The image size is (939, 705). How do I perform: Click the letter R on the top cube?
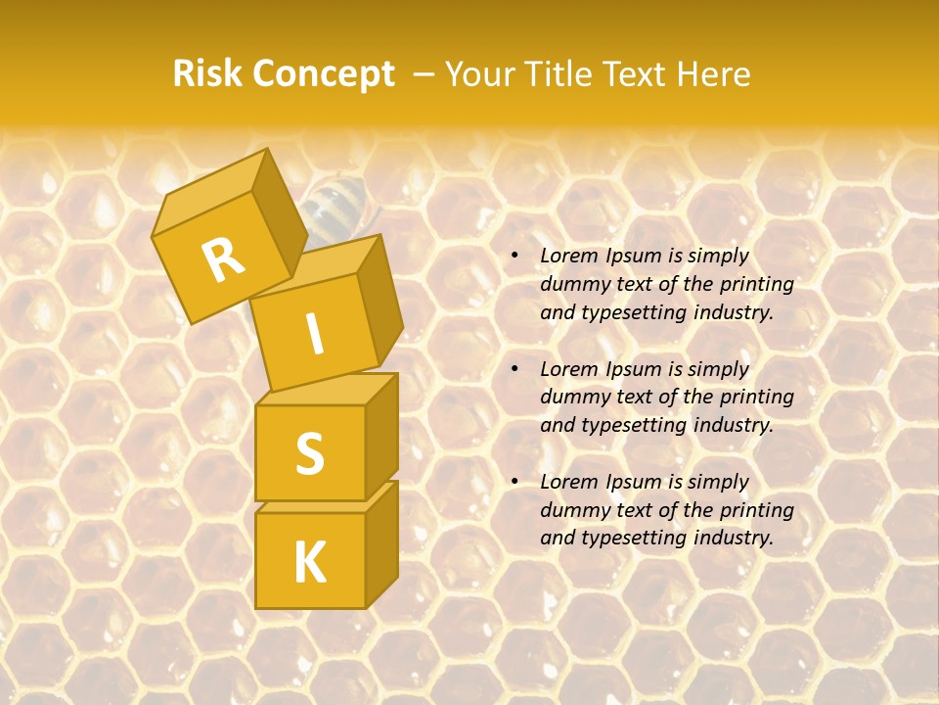[x=224, y=258]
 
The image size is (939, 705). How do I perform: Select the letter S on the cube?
[x=309, y=452]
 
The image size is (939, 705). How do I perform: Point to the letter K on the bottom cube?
[x=309, y=562]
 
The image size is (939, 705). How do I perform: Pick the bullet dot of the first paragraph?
[x=514, y=256]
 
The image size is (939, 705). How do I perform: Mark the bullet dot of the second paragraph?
[x=514, y=369]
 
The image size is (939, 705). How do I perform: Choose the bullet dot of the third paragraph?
[x=514, y=482]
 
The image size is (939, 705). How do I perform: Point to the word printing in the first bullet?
[x=757, y=284]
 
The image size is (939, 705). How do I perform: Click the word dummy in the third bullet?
[x=572, y=510]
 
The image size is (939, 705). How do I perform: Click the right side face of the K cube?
[x=381, y=543]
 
